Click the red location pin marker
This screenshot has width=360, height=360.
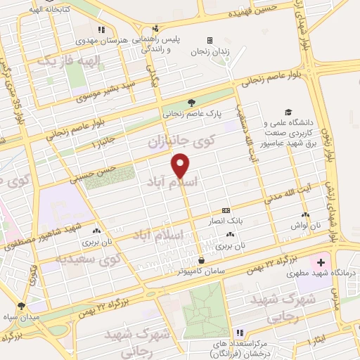pos(181,165)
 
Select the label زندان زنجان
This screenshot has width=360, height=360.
pos(210,51)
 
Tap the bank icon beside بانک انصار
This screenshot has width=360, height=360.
pos(226,210)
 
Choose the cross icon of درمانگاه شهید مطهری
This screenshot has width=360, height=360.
pos(321,262)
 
